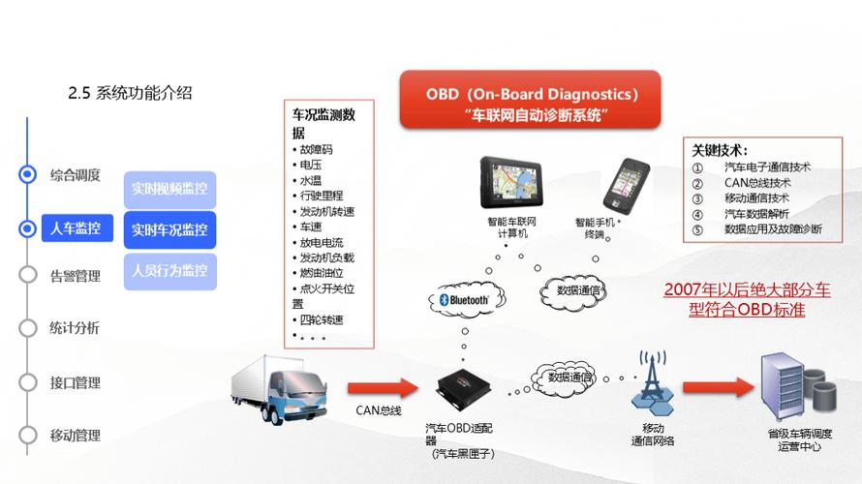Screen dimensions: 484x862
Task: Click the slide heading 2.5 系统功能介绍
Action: click(x=130, y=94)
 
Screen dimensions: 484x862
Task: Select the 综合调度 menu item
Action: click(x=75, y=175)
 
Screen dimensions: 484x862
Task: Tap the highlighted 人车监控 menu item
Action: click(x=76, y=229)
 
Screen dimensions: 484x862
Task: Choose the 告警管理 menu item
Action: click(x=75, y=276)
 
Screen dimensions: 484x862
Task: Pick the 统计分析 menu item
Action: click(x=75, y=328)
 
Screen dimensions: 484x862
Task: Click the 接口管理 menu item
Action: click(x=75, y=381)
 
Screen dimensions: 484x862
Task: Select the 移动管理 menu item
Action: click(x=75, y=435)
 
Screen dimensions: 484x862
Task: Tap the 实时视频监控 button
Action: click(x=169, y=189)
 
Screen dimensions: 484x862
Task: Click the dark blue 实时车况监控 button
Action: click(x=169, y=230)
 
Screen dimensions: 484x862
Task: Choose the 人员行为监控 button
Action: click(x=169, y=271)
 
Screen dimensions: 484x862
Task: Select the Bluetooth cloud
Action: click(x=464, y=301)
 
